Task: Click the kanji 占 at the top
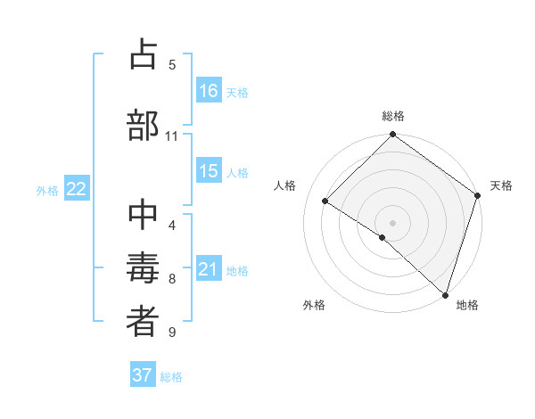click(x=143, y=55)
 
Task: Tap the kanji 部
click(x=143, y=125)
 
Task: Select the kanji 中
click(x=143, y=215)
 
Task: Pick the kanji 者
click(x=143, y=323)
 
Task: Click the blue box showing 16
click(x=209, y=91)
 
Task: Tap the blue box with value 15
click(x=209, y=171)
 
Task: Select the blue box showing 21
click(x=209, y=269)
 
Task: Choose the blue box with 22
click(x=76, y=189)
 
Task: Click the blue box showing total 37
click(x=143, y=375)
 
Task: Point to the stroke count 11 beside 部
click(x=171, y=136)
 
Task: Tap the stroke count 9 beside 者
click(x=171, y=333)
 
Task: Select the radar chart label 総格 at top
click(x=392, y=116)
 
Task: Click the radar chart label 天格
click(x=501, y=185)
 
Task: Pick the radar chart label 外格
click(x=314, y=305)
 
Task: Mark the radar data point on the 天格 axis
click(x=478, y=194)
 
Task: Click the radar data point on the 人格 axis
click(x=325, y=201)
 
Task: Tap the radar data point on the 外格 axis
click(x=382, y=237)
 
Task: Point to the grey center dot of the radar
click(x=392, y=222)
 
